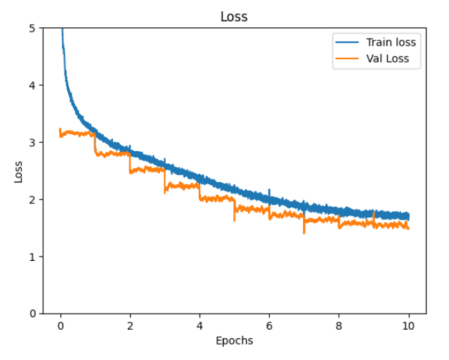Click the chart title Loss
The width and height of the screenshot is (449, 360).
234,16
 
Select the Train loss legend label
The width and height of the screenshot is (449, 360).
391,42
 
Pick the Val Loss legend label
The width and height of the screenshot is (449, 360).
392,59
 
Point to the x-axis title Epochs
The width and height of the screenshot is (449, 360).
234,341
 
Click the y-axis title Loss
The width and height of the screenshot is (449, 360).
19,171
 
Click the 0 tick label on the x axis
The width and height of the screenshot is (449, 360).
60,326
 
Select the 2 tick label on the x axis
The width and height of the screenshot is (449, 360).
130,326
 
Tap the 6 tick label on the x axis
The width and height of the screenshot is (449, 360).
269,326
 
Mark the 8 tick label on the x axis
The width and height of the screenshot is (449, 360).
339,326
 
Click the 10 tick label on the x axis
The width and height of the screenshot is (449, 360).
408,326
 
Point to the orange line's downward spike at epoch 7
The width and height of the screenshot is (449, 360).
304,231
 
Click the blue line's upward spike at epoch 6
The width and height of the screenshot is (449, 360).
269,191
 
